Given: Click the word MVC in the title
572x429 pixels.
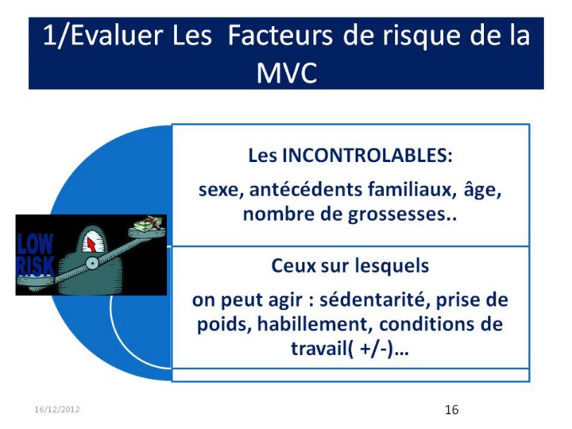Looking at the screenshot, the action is click(x=287, y=73).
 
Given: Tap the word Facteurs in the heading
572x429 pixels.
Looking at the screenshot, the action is click(x=280, y=36).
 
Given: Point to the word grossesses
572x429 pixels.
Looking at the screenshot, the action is click(x=397, y=214).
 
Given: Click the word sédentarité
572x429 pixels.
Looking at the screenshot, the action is click(x=375, y=300).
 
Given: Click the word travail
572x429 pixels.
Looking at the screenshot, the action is click(x=319, y=349).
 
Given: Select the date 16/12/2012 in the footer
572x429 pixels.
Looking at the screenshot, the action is click(x=57, y=409).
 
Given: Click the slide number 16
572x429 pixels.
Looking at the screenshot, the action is click(x=451, y=410).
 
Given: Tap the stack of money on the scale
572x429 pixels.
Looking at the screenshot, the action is click(x=147, y=224).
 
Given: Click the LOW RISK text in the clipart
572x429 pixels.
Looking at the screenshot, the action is click(x=35, y=255).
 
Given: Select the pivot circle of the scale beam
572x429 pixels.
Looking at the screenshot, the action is click(x=92, y=263).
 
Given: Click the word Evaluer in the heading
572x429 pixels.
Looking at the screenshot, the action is click(x=116, y=36).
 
